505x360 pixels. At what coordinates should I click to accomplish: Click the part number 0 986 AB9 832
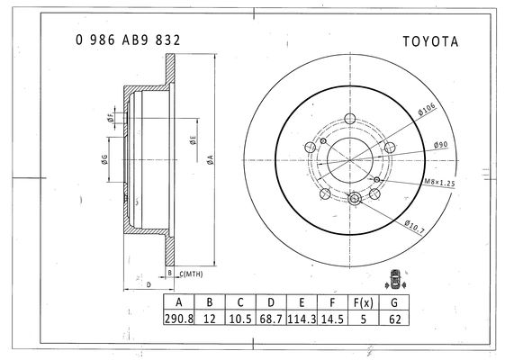pos(128,40)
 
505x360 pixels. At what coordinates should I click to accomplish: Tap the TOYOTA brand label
pos(430,41)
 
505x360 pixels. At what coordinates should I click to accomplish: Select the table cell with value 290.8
pos(179,319)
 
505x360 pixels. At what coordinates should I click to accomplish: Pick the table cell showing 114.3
pos(302,319)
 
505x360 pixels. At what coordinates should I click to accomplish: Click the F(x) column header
pos(364,302)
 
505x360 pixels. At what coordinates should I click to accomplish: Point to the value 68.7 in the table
pos(271,319)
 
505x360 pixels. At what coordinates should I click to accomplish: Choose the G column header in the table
pos(394,302)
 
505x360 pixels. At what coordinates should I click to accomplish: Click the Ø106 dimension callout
pos(427,109)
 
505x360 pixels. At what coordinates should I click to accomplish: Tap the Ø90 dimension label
pos(440,145)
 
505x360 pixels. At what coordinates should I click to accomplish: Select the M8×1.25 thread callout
pos(439,183)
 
